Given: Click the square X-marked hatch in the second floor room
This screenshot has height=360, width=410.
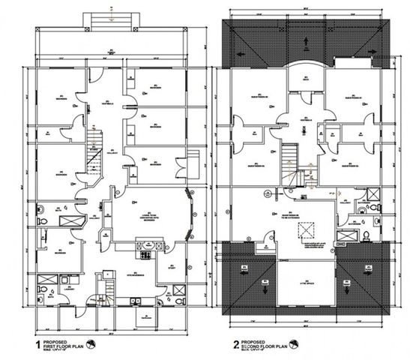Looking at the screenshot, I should (x=304, y=229).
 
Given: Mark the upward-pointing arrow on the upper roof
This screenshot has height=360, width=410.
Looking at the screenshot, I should (x=304, y=41).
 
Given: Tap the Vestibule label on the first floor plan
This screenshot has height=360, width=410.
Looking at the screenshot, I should (x=108, y=103).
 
